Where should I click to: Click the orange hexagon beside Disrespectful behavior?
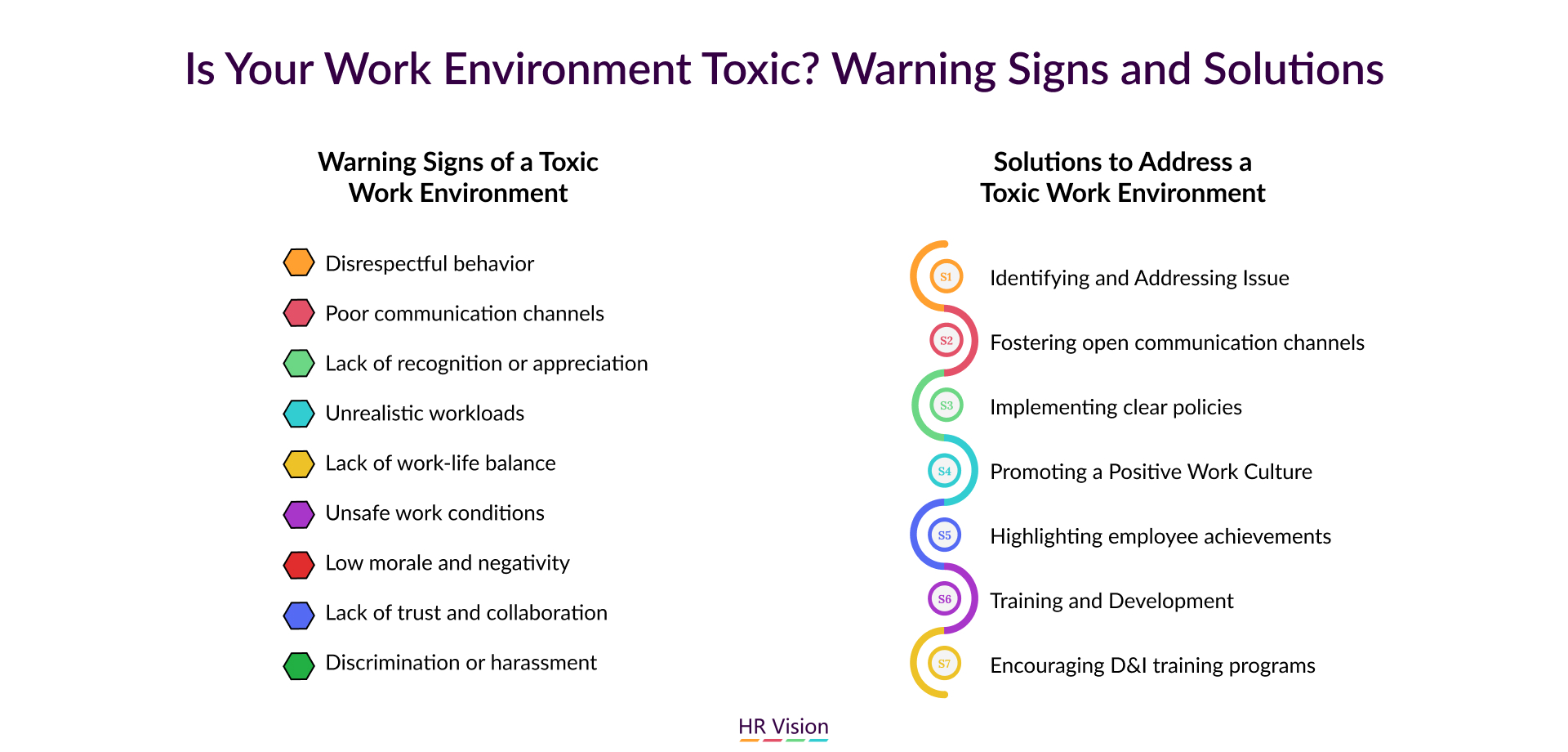point(299,263)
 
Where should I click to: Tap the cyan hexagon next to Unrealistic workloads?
point(299,413)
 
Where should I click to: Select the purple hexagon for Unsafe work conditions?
point(299,513)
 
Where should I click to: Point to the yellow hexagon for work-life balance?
point(299,463)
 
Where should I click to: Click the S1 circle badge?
point(946,276)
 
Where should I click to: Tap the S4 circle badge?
point(945,471)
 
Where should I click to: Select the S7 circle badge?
point(944,664)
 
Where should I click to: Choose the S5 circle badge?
point(945,535)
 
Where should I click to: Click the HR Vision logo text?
point(783,726)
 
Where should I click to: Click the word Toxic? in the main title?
point(760,69)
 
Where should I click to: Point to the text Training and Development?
point(1111,601)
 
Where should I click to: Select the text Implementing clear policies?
point(1116,407)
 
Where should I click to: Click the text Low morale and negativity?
point(448,563)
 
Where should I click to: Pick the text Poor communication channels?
point(465,313)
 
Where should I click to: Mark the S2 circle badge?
point(947,340)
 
